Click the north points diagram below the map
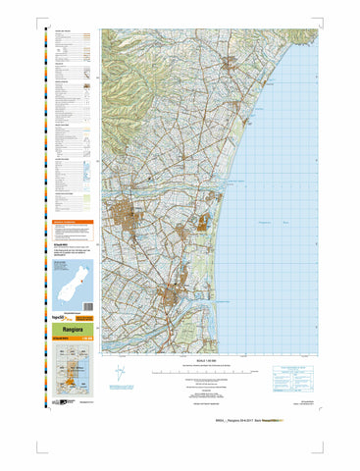pos(120,374)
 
